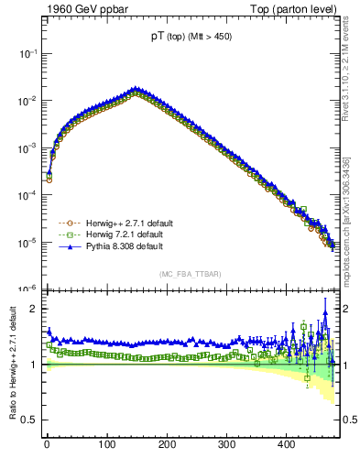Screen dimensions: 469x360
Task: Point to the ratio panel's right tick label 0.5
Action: (350, 420)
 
